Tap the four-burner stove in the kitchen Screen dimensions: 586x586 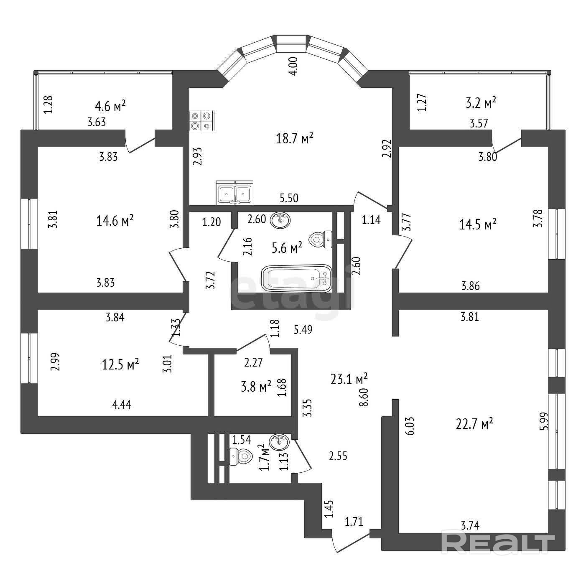point(202,121)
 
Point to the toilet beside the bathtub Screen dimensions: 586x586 point(321,239)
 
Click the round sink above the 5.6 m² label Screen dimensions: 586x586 point(279,220)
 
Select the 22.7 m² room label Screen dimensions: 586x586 point(474,424)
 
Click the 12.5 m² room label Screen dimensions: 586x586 point(120,364)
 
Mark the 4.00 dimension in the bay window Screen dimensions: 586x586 point(293,66)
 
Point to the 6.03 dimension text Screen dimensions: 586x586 point(410,425)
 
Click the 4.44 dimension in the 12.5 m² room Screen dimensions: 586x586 point(122,404)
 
